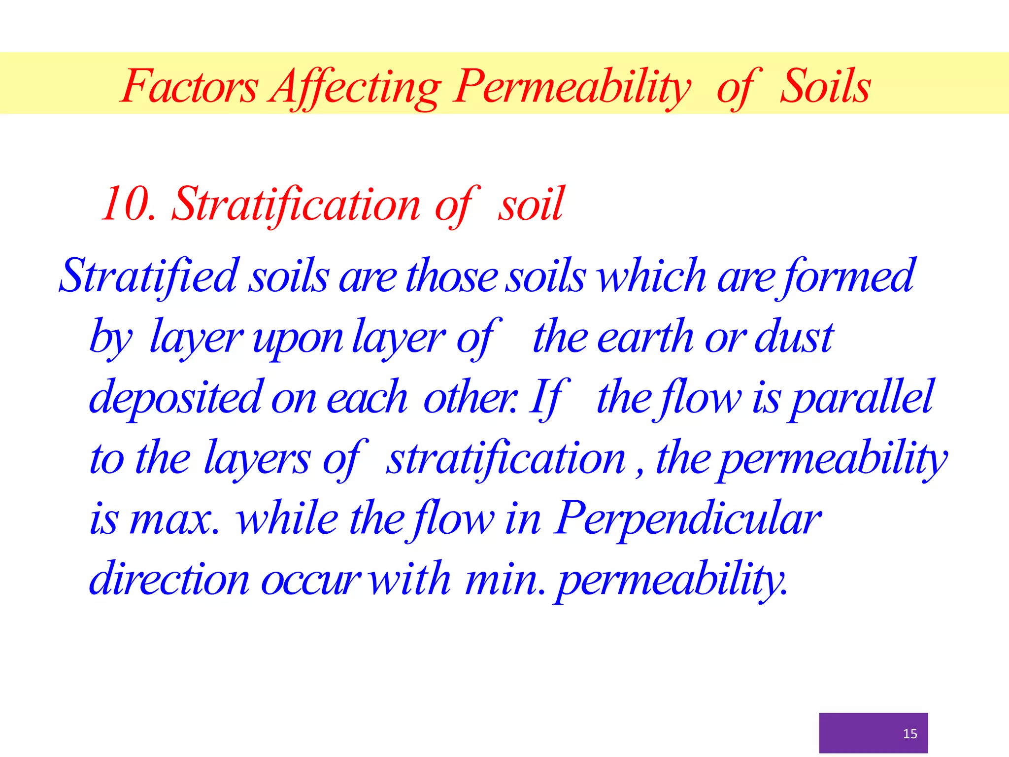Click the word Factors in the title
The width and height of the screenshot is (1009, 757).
coord(189,86)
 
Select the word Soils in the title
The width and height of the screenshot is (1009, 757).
coord(825,86)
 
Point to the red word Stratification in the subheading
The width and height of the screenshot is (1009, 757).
coord(296,204)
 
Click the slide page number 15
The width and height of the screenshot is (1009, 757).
coord(909,734)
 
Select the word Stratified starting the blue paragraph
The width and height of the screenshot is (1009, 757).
coord(148,276)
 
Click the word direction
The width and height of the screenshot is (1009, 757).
coord(169,580)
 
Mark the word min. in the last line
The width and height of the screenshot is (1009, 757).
coord(505,580)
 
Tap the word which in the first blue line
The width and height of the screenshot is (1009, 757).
coord(651,276)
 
